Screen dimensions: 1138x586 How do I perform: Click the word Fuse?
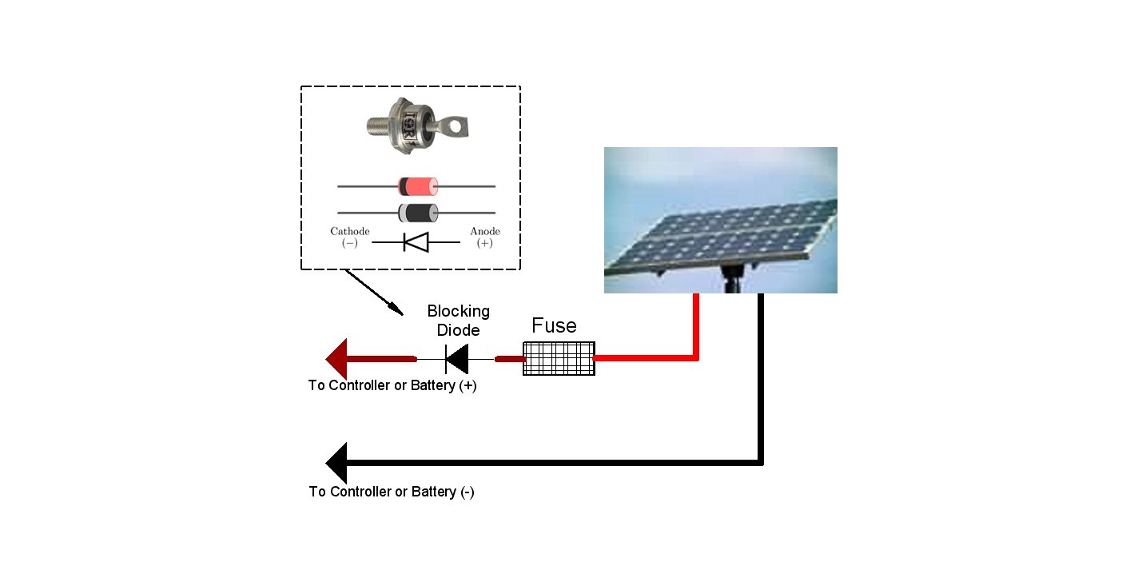click(554, 326)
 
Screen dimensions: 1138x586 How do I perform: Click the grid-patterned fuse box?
click(559, 359)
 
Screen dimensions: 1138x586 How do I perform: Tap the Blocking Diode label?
click(458, 321)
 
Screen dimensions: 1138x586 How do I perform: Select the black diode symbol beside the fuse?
click(456, 359)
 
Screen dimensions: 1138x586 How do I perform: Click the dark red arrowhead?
click(336, 359)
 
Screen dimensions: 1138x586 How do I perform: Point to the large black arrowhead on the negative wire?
click(336, 463)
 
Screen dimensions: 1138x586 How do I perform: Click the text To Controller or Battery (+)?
click(392, 386)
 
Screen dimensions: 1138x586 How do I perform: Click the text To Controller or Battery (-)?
click(392, 492)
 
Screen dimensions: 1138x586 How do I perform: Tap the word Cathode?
click(349, 231)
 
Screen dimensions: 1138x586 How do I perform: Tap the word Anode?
click(484, 231)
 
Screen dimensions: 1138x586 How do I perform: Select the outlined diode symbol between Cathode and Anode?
click(416, 242)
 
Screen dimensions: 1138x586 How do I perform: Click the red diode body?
click(418, 186)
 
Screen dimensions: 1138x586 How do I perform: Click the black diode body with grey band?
click(418, 213)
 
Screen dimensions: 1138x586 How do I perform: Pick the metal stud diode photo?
click(416, 126)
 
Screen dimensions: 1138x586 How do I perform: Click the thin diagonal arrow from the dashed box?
click(375, 293)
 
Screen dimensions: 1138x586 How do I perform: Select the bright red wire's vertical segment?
click(696, 325)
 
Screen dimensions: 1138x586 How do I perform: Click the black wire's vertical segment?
click(761, 379)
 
